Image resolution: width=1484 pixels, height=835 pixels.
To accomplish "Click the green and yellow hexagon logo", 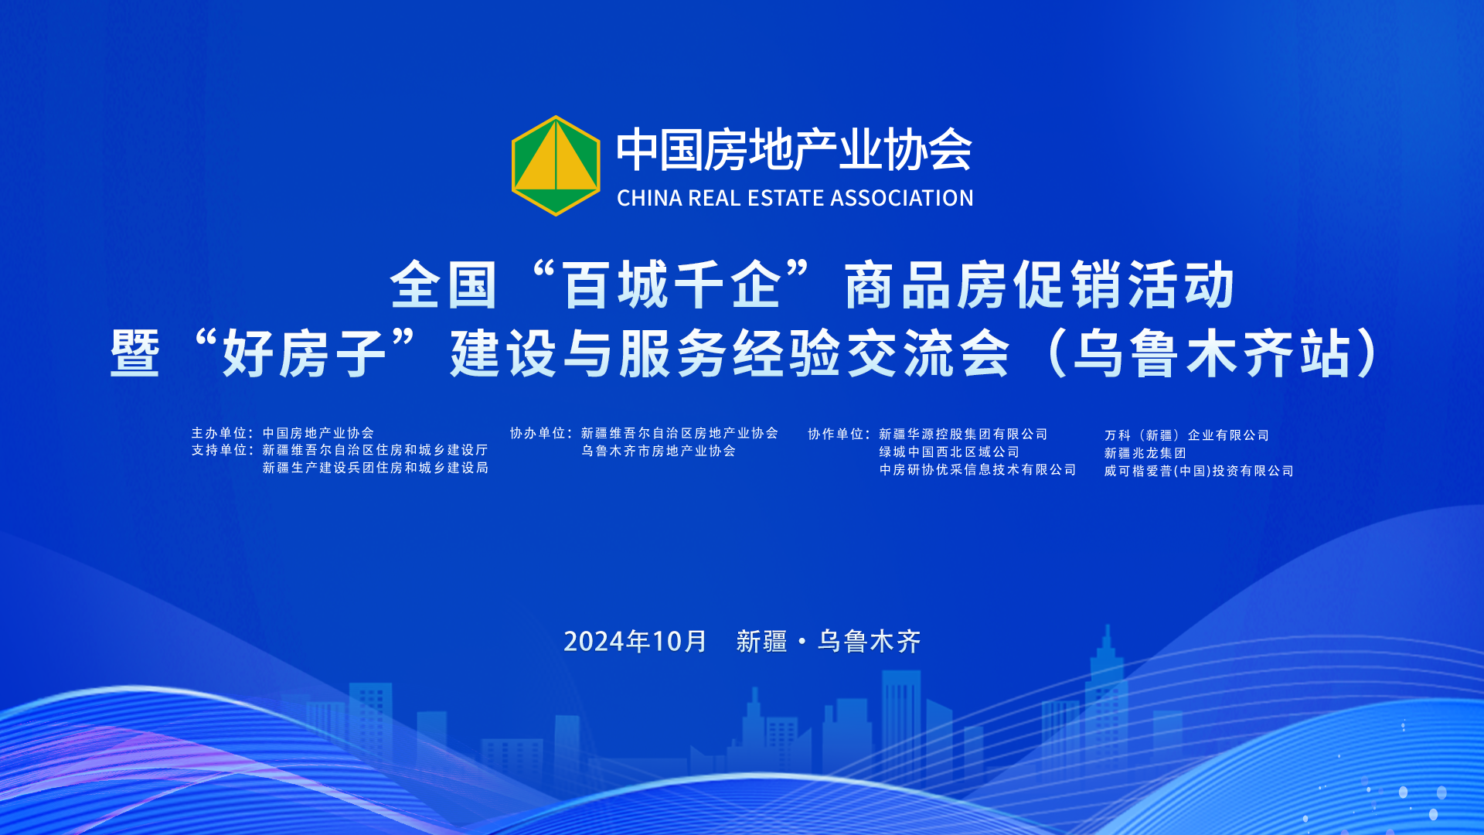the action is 556,165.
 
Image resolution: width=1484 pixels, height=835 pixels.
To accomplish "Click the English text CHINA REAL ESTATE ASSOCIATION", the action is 795,198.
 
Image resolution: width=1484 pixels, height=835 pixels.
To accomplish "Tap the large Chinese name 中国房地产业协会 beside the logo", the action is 794,149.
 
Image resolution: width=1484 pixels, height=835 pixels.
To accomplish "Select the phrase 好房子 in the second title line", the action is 305,353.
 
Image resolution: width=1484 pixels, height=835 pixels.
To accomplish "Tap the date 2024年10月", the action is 635,641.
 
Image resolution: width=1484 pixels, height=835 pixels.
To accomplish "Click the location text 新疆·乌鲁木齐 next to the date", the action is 829,641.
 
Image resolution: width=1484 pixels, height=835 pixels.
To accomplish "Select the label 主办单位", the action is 220,433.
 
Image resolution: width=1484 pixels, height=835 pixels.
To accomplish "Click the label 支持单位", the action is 220,450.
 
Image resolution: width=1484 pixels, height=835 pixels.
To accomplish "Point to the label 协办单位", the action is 538,433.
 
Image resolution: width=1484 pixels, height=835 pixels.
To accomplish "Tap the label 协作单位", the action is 836,434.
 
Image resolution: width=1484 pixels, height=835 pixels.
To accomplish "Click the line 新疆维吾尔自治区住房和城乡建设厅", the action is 376,450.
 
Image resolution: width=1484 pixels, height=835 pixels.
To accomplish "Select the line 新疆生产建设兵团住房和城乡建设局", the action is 376,468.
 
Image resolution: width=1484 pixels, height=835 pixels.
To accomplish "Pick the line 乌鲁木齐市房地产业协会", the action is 659,451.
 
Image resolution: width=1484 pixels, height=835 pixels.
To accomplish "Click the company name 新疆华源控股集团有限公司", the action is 964,435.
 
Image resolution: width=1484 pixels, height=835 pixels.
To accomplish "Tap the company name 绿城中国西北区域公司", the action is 949,452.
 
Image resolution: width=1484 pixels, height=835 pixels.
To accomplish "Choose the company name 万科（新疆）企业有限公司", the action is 1186,435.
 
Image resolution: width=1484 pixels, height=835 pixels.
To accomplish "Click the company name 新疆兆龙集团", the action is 1145,453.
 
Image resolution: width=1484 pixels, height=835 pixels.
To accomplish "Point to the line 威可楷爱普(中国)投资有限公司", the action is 1199,471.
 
